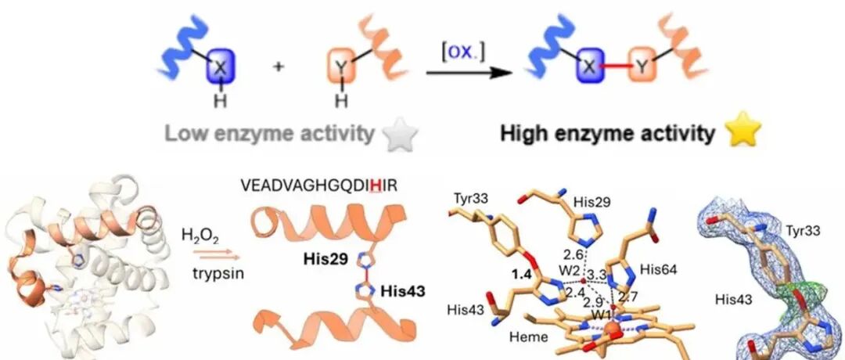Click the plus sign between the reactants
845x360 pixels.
coord(279,68)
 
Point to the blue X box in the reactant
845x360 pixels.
coord(220,69)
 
